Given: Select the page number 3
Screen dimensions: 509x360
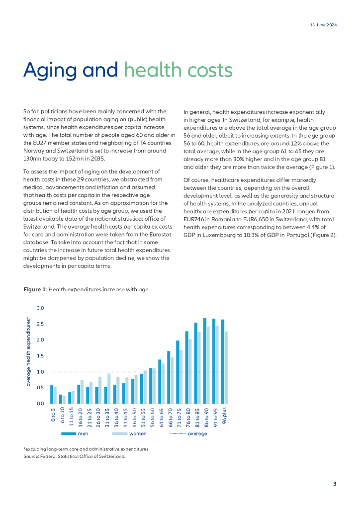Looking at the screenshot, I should click(335, 484).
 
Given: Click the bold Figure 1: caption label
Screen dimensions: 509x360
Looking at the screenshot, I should click(35, 289).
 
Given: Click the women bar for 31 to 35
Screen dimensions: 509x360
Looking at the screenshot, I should click(109, 389).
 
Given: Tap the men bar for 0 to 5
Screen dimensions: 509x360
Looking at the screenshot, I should click(52, 394).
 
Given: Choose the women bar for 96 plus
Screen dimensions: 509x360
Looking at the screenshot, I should click(226, 367).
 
